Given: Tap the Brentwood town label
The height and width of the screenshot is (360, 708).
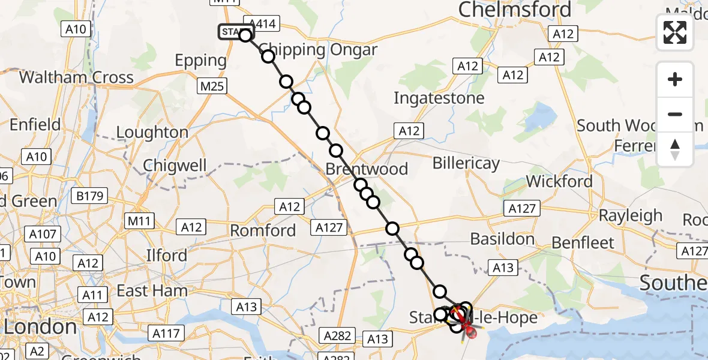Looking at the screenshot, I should (367, 169).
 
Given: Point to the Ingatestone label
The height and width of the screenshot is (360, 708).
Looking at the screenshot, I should (439, 98).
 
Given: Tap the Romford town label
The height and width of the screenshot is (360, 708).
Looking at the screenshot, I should (263, 230).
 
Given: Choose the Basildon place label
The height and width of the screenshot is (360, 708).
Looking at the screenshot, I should (502, 239).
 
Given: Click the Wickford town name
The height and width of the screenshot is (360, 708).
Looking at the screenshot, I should (559, 181).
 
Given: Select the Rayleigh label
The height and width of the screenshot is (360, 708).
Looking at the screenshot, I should (631, 215).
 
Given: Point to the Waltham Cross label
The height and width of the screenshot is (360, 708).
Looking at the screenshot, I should (76, 77).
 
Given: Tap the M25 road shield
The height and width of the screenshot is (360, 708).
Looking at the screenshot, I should (212, 86).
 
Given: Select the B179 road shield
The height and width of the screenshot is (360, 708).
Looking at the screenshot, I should (90, 196).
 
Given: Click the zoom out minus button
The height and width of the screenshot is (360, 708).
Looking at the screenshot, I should (675, 114).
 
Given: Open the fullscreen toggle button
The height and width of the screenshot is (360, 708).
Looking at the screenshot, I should (675, 32).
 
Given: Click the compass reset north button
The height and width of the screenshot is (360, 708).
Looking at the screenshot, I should (675, 149).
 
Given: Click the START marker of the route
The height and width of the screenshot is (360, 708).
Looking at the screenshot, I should (235, 32).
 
